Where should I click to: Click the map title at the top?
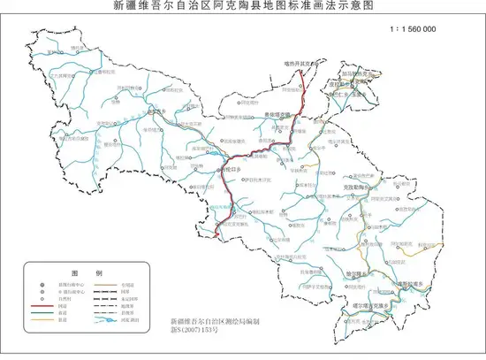click(x=242, y=5)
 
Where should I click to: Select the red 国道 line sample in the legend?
click(x=42, y=306)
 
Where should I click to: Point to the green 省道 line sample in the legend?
click(x=42, y=313)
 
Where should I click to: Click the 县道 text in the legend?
click(x=62, y=319)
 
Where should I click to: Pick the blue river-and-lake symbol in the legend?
click(x=104, y=319)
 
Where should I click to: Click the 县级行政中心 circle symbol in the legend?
click(x=42, y=285)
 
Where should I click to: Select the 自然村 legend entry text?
click(x=64, y=299)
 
